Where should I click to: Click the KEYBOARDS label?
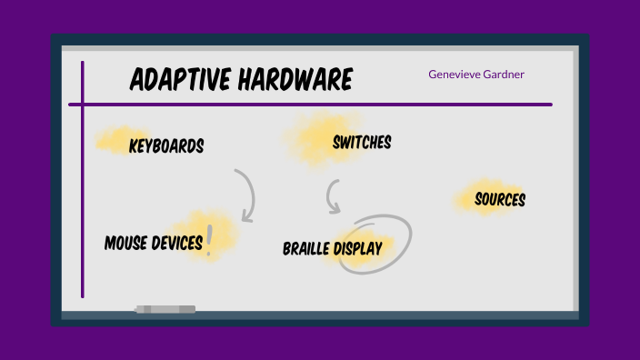pyautogui.click(x=166, y=145)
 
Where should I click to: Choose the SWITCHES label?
pyautogui.click(x=362, y=142)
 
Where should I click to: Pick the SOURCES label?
pyautogui.click(x=500, y=199)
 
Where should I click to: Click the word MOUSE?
pyautogui.click(x=126, y=243)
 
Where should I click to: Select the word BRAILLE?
pyautogui.click(x=306, y=248)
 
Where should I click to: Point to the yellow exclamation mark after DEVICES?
pyautogui.click(x=209, y=240)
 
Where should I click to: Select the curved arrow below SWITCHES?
pyautogui.click(x=333, y=196)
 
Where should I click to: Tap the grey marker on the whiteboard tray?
pyautogui.click(x=165, y=309)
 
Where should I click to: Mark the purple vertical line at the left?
pyautogui.click(x=83, y=182)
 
